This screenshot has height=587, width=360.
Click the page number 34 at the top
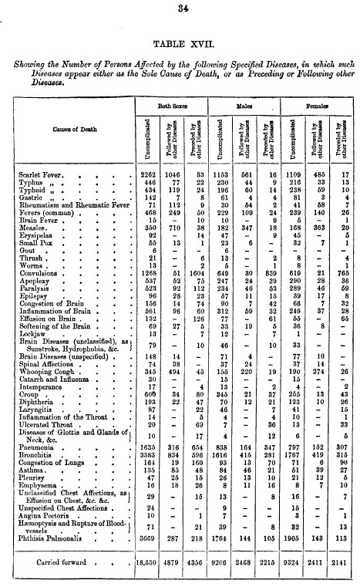(x=183, y=9)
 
